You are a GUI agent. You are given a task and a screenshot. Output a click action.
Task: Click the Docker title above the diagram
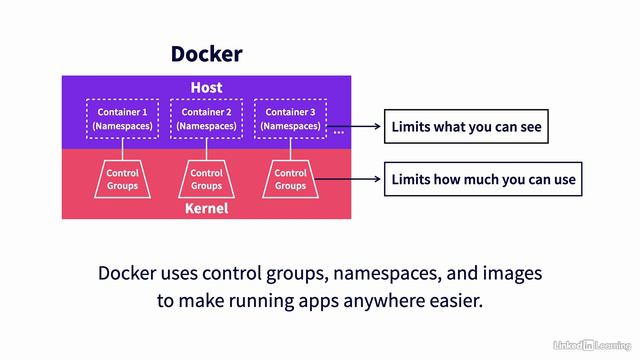(x=206, y=54)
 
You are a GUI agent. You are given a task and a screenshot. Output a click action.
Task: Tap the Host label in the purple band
(x=206, y=88)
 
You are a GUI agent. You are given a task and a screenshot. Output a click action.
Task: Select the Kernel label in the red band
(x=206, y=208)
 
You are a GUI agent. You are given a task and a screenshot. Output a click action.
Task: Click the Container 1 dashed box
(x=122, y=119)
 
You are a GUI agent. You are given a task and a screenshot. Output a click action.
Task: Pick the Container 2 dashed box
(x=206, y=119)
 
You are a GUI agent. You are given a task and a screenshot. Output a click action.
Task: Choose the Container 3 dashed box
(x=290, y=119)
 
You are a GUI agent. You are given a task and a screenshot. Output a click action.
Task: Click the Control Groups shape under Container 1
(x=122, y=178)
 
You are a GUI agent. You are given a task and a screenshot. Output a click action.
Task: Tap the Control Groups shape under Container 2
(x=206, y=178)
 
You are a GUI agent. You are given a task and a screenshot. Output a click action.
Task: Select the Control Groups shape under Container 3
(x=290, y=178)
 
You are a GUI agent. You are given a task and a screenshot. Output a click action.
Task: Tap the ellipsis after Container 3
(x=339, y=131)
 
